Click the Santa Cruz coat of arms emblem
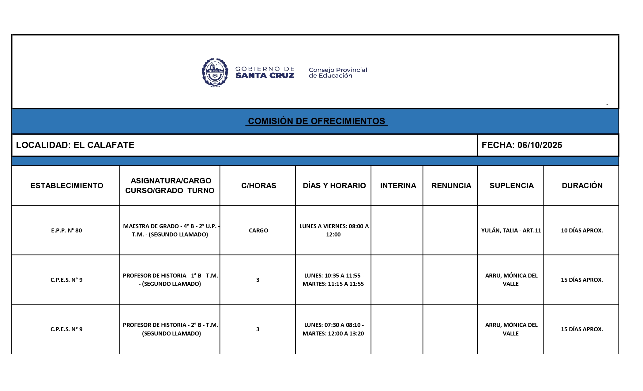click(x=215, y=73)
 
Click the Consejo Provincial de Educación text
click(x=337, y=73)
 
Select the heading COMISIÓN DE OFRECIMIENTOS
click(x=316, y=121)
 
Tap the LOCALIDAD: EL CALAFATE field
click(x=75, y=145)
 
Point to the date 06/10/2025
click(x=540, y=145)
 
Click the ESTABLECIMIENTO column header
click(x=66, y=186)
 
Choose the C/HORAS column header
click(x=258, y=186)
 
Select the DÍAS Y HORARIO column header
click(x=334, y=186)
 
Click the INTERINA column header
click(x=398, y=186)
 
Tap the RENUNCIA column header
click(x=451, y=186)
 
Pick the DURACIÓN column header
click(x=582, y=186)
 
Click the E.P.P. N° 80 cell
click(x=66, y=230)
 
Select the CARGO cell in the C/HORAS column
click(x=258, y=230)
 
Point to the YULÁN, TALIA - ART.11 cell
click(x=511, y=230)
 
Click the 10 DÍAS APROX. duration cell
click(x=582, y=230)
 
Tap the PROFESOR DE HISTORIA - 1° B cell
click(x=170, y=279)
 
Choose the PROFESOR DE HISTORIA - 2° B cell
click(x=170, y=329)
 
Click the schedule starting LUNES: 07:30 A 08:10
click(x=333, y=329)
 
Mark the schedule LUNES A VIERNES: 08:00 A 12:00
click(x=333, y=230)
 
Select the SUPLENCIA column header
click(x=511, y=186)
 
